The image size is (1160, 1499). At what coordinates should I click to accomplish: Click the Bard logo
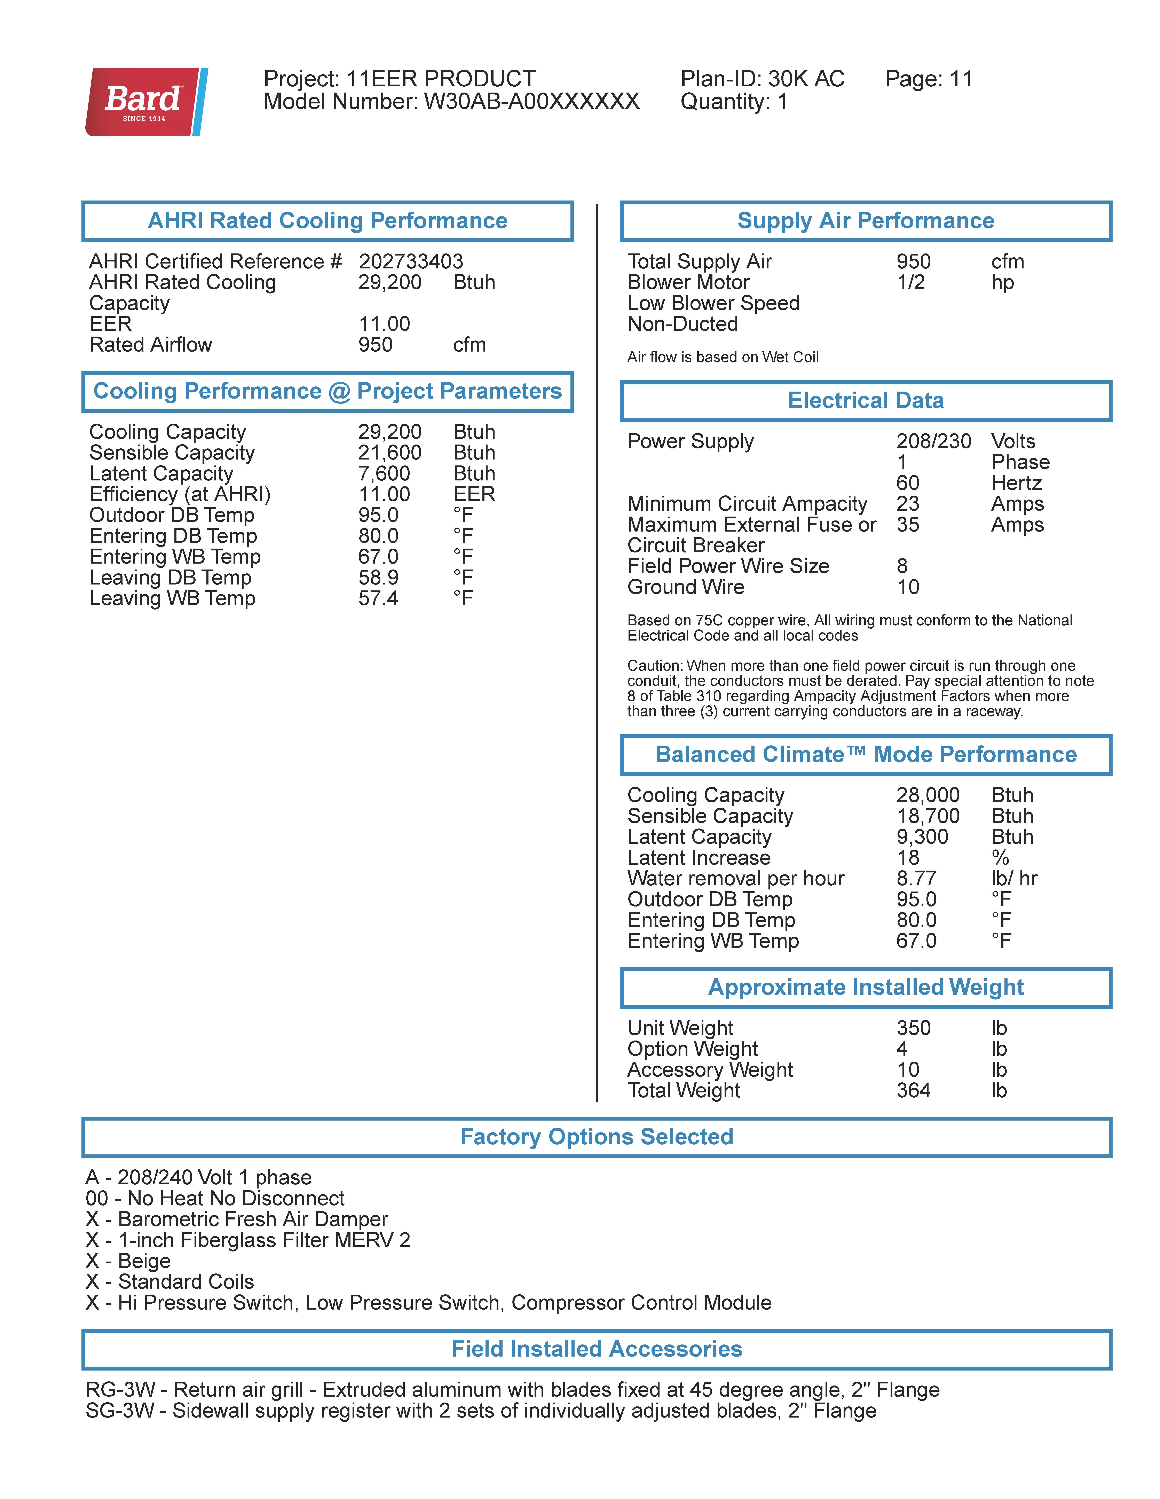tap(146, 102)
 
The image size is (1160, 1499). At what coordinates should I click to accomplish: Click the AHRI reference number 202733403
tap(410, 261)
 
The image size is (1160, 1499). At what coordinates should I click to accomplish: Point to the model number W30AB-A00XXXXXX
tap(531, 102)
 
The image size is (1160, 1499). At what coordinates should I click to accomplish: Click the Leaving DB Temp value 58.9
tap(378, 578)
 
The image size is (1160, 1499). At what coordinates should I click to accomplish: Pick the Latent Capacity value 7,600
tap(384, 474)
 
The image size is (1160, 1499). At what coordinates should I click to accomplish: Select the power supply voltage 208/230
tap(933, 441)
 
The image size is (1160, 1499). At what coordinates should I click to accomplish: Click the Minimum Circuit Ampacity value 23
tap(907, 504)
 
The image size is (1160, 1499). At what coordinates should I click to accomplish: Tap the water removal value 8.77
tap(916, 879)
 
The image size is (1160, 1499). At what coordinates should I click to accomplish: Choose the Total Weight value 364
tap(913, 1091)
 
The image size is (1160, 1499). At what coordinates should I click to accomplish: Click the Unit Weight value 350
tap(913, 1028)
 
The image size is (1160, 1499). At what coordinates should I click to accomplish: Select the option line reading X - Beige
tap(128, 1261)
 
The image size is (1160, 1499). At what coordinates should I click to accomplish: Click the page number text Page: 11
tap(929, 79)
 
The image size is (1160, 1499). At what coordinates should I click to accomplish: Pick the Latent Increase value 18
tap(907, 858)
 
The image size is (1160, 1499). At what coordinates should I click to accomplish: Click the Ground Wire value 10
tap(907, 588)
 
